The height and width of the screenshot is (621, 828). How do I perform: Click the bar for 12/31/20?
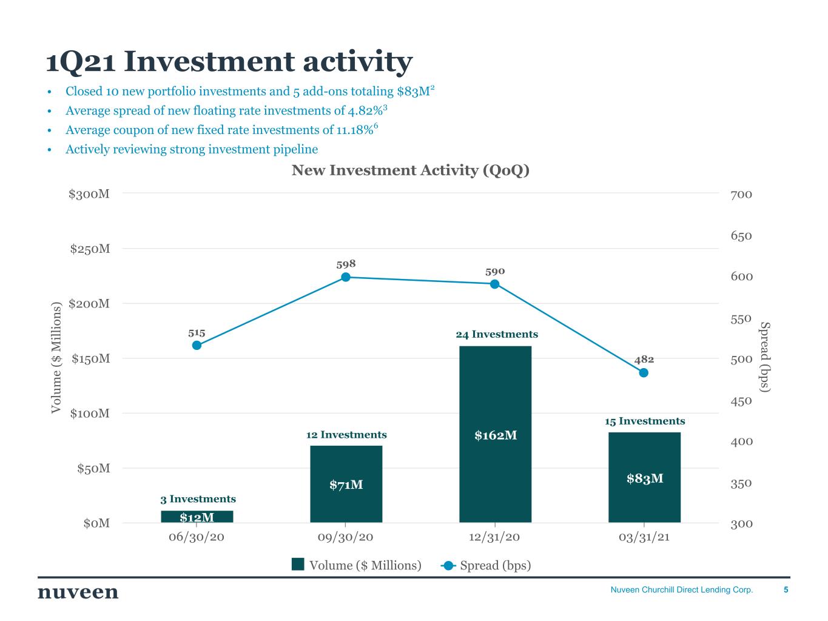(495, 434)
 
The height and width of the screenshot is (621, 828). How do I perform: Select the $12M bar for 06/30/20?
(197, 517)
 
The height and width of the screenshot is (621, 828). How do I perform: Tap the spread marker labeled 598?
(346, 277)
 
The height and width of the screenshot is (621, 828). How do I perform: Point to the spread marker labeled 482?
(644, 372)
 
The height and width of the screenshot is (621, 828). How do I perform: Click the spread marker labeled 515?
(197, 345)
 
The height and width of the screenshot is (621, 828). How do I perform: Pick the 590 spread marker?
(494, 284)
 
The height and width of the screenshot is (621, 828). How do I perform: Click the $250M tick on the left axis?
(90, 249)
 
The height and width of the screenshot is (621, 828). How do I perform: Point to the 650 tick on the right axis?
(741, 236)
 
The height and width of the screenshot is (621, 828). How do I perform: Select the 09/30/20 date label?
(346, 537)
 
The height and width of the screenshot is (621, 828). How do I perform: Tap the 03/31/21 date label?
(644, 537)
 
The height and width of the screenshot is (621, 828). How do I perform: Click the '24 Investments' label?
(497, 334)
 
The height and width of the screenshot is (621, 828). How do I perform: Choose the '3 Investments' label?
(198, 499)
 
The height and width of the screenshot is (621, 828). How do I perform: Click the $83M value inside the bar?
(645, 478)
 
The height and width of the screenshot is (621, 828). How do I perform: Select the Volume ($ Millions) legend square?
(298, 565)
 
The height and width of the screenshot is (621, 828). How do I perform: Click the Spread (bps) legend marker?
(448, 565)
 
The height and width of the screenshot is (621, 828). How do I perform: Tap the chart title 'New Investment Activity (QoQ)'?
(411, 170)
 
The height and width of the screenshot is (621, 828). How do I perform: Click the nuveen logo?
(78, 592)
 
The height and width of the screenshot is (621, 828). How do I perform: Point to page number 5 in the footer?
(786, 589)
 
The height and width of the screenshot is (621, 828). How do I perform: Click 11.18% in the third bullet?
(354, 130)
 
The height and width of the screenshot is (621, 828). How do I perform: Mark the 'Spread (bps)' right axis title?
(765, 357)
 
